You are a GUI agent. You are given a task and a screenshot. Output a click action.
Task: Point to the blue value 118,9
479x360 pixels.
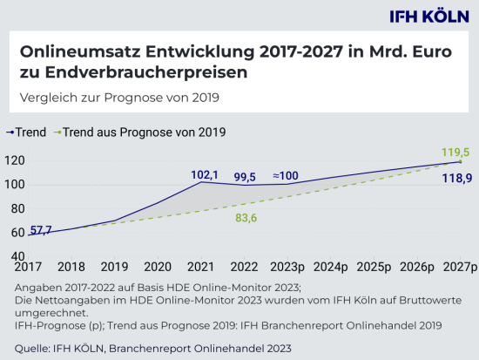[x=456, y=178]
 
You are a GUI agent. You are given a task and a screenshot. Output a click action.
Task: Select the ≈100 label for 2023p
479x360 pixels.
[x=286, y=177]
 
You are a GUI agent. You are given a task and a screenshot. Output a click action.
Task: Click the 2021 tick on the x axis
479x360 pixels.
[x=200, y=268]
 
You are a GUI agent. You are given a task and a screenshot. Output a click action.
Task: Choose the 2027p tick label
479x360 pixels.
[x=459, y=268]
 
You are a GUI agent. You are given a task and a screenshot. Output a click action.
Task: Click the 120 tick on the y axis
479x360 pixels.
[x=13, y=160]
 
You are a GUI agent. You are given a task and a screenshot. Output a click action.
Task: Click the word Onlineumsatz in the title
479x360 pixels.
[x=71, y=52]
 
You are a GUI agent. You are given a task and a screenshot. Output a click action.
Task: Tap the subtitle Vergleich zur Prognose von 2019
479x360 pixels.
[x=114, y=97]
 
